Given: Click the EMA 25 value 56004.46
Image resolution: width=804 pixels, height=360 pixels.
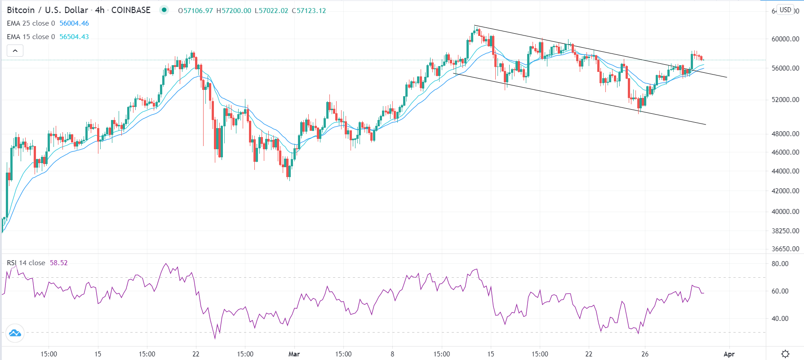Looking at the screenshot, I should [x=74, y=23].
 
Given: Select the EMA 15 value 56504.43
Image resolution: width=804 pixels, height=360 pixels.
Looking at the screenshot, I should [x=74, y=37].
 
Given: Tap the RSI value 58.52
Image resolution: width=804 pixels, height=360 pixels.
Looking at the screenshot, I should [x=58, y=263].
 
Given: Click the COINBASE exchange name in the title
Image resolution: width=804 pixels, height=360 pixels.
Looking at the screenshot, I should [x=131, y=10].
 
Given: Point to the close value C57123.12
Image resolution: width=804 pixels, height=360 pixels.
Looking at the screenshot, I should [x=309, y=11].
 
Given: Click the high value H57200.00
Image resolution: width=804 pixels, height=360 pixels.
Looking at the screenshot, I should [x=234, y=11].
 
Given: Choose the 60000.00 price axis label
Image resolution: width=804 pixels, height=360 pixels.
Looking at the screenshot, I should [x=785, y=39].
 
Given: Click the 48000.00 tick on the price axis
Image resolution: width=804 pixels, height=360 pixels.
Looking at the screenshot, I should [x=785, y=134].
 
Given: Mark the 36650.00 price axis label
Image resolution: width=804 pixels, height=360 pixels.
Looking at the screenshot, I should [x=785, y=249].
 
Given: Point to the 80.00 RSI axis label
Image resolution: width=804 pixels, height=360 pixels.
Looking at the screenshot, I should [x=780, y=264].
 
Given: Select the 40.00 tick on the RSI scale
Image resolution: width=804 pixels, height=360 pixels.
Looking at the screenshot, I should [x=780, y=319].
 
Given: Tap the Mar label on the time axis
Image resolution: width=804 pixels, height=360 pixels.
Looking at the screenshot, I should [x=294, y=354].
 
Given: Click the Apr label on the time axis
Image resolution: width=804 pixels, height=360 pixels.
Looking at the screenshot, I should [x=729, y=354].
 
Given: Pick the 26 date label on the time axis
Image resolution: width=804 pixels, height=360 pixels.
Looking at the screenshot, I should [x=645, y=354].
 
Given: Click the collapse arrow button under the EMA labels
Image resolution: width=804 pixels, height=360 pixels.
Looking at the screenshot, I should [x=15, y=51].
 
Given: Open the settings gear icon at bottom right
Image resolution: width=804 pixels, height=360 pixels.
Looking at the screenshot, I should [x=785, y=354].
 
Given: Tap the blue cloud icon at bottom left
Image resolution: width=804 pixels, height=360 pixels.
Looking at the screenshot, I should [x=15, y=333].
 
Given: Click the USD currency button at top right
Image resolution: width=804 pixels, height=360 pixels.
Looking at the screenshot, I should [x=785, y=10].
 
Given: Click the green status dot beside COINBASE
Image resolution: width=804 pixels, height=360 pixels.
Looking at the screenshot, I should [x=164, y=10].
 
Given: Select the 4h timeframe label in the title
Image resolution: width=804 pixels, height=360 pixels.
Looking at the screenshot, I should [x=100, y=10].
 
